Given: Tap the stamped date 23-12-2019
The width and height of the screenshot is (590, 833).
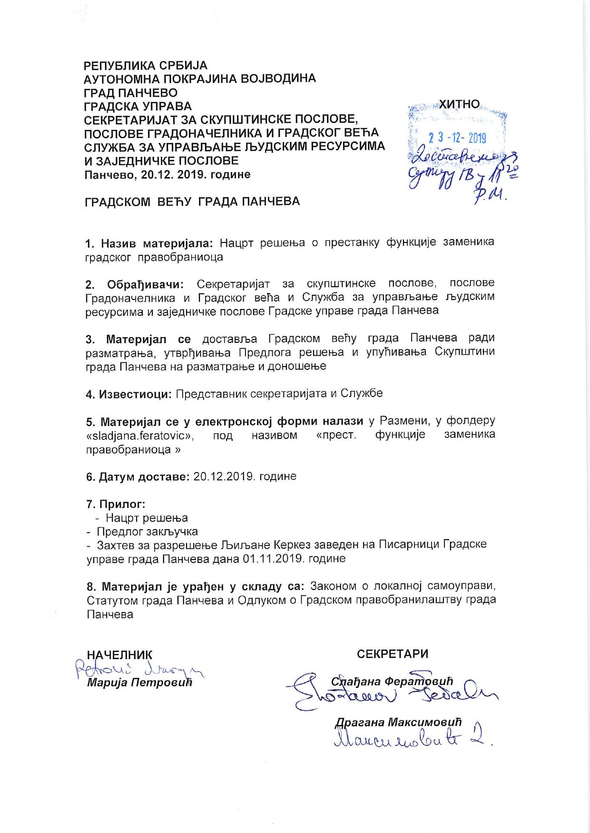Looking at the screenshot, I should point(457,138).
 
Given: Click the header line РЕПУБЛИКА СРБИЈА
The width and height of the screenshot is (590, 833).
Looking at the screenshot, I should point(146,65).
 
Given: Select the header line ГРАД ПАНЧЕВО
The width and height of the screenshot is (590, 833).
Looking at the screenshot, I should point(131,92).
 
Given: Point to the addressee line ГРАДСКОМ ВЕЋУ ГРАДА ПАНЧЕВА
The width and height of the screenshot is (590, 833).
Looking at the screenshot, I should point(192,201).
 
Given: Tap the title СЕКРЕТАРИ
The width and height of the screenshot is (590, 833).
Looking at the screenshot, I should point(392,653).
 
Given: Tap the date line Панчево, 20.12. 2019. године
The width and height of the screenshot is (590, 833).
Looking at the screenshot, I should point(167,174).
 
